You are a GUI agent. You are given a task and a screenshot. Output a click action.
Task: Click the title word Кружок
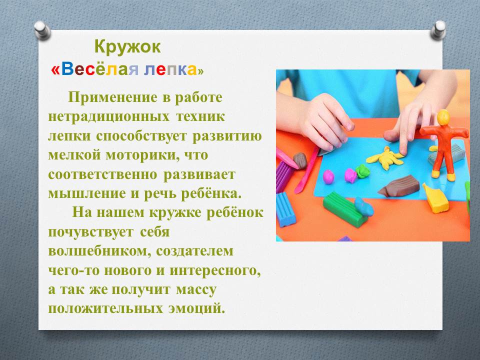(x=127, y=47)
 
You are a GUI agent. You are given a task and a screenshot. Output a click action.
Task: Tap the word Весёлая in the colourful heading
(x=98, y=69)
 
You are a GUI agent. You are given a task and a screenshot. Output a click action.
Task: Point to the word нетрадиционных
(x=108, y=117)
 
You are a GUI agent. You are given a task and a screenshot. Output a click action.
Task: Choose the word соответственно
(x=102, y=174)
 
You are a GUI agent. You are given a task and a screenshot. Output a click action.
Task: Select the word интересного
(x=215, y=270)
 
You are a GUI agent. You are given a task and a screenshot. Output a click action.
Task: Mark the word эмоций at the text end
(x=197, y=308)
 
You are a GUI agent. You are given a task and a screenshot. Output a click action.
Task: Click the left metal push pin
(x=42, y=30)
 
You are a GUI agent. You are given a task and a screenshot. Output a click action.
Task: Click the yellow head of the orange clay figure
(x=443, y=117)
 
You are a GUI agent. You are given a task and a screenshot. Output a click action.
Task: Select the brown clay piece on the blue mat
(x=398, y=186)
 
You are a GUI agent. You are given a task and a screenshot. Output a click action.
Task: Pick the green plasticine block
(x=344, y=209)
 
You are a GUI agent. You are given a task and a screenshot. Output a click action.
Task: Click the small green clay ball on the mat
(x=363, y=171)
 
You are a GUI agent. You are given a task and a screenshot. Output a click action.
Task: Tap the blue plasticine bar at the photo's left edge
(x=285, y=209)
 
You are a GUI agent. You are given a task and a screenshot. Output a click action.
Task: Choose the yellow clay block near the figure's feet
(x=435, y=198)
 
